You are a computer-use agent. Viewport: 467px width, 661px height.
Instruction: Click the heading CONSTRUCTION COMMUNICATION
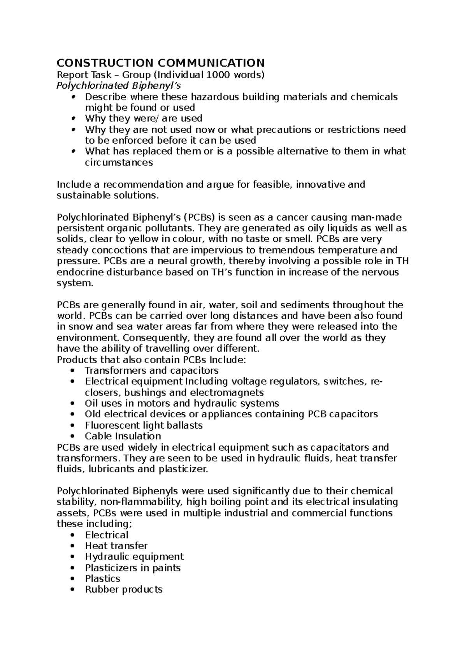pyautogui.click(x=160, y=63)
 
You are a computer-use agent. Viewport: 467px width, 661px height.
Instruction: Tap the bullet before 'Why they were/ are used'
pyautogui.click(x=73, y=119)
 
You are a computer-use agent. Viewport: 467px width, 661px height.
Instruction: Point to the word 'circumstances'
pyautogui.click(x=119, y=162)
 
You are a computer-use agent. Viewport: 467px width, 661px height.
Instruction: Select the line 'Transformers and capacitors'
pyautogui.click(x=151, y=370)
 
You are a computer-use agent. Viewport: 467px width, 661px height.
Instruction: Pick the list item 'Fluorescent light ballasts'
pyautogui.click(x=144, y=425)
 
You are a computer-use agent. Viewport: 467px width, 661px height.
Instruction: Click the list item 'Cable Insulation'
pyautogui.click(x=123, y=436)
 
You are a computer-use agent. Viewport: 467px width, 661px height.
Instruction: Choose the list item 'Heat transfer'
pyautogui.click(x=116, y=546)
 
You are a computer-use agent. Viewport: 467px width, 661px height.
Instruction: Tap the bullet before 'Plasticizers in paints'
pyautogui.click(x=73, y=568)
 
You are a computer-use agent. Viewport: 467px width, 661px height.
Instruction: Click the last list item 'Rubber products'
pyautogui.click(x=123, y=589)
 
